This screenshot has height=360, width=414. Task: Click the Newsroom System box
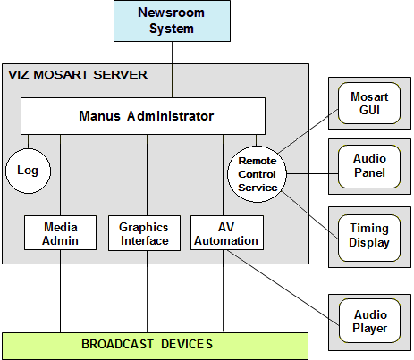coord(171,21)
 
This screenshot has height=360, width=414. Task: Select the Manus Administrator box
coord(143,115)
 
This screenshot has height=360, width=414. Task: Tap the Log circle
coord(28,170)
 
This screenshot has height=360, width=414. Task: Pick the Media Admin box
coord(60,233)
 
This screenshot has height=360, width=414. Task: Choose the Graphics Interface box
coord(143,233)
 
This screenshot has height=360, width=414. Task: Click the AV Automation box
coord(227,233)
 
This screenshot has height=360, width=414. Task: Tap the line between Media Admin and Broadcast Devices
coord(60,290)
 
